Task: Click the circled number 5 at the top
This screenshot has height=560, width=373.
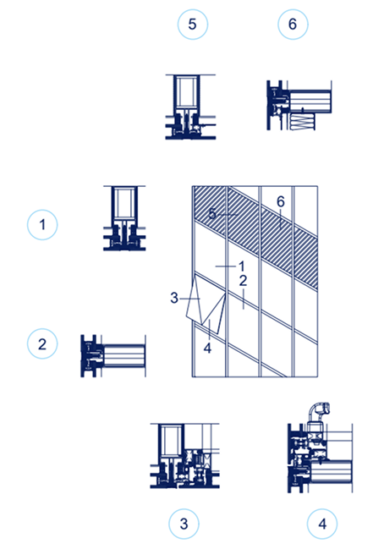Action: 193,25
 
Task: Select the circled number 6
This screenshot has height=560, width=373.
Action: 293,25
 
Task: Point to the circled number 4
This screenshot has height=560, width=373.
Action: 321,524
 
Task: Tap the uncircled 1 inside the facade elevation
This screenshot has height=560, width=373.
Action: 240,266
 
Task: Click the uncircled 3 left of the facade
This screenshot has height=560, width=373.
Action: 173,298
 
